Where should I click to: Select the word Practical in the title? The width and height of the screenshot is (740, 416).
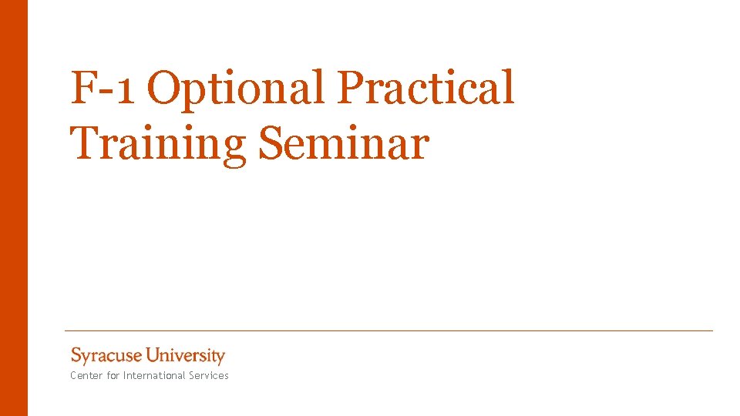[425, 88]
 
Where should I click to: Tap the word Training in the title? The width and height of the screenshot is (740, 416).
[158, 144]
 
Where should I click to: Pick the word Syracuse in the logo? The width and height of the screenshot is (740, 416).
[106, 356]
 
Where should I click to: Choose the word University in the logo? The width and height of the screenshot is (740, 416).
[186, 356]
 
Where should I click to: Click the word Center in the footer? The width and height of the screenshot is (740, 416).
[85, 376]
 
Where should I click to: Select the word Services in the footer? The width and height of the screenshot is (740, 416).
[210, 376]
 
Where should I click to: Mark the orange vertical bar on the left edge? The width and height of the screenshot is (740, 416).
[13, 208]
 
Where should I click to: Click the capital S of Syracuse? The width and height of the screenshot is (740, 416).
[76, 355]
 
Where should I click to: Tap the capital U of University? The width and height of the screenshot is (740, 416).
[153, 355]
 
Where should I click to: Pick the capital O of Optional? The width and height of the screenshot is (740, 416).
[163, 88]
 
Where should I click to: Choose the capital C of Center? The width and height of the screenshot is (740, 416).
[73, 376]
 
